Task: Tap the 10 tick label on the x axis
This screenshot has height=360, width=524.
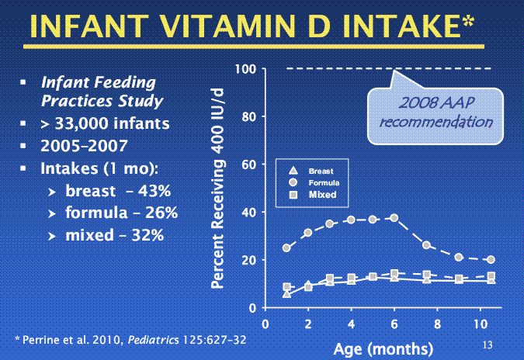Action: click(x=480, y=322)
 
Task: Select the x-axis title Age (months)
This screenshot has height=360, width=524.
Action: click(x=383, y=347)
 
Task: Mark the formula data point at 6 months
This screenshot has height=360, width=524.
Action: click(x=394, y=218)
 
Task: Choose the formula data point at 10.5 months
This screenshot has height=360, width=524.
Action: click(x=491, y=260)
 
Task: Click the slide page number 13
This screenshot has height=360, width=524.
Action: click(x=488, y=343)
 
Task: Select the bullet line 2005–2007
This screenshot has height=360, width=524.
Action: click(x=77, y=145)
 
